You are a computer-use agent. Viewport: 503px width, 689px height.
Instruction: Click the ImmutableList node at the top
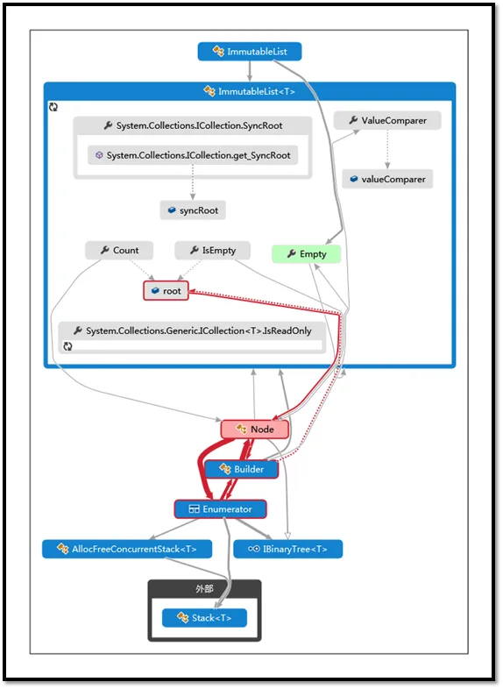[250, 52]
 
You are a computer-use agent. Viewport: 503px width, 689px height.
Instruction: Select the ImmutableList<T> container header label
[257, 91]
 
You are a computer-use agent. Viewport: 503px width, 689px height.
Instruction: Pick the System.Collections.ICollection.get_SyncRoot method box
[193, 155]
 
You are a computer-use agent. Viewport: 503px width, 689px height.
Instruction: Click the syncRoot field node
[193, 210]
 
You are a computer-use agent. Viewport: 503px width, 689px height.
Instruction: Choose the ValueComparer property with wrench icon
[387, 120]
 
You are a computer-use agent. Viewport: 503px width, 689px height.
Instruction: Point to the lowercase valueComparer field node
[387, 180]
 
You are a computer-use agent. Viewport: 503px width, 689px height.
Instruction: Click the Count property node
[119, 250]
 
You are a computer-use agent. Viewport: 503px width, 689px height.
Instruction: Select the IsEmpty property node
[213, 250]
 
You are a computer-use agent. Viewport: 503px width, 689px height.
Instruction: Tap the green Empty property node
[306, 254]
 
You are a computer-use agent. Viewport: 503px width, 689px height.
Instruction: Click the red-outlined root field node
[166, 291]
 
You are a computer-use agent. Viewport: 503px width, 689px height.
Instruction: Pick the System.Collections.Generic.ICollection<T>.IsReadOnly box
[193, 337]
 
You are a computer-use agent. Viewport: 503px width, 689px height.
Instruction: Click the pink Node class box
[255, 430]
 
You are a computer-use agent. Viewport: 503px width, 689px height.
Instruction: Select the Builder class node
[242, 469]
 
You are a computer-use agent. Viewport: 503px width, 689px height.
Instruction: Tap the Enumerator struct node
[221, 509]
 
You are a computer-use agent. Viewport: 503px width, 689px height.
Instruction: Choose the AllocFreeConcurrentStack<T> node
[127, 550]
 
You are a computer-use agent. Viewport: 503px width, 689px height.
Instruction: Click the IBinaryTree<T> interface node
[288, 550]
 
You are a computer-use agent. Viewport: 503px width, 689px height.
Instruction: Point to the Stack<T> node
[205, 618]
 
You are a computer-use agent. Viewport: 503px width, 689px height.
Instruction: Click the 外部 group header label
[205, 589]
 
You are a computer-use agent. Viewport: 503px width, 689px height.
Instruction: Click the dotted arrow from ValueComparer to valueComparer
[387, 149]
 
